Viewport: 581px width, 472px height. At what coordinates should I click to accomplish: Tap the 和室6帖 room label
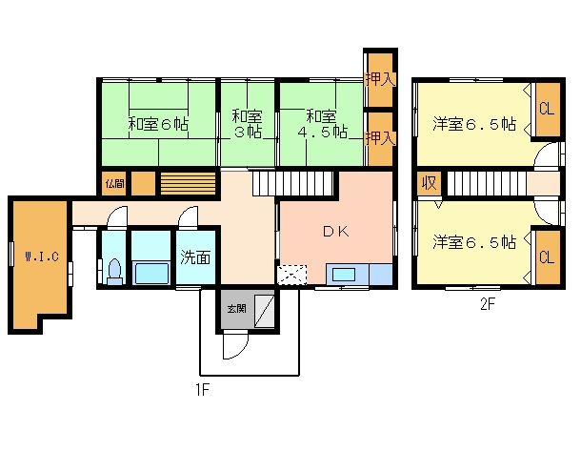click(x=159, y=124)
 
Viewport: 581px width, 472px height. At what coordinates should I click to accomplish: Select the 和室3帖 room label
click(x=247, y=124)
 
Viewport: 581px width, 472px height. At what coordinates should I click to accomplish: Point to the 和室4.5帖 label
click(x=321, y=123)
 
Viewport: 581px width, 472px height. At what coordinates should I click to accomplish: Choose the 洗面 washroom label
click(x=196, y=257)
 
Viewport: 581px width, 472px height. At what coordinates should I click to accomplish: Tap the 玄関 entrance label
click(x=234, y=308)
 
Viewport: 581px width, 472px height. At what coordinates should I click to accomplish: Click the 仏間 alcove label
click(x=114, y=182)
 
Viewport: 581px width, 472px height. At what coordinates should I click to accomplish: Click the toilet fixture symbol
click(x=114, y=271)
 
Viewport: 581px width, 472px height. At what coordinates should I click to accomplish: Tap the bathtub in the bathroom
click(x=151, y=273)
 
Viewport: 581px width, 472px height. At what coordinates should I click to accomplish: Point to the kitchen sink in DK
click(x=344, y=275)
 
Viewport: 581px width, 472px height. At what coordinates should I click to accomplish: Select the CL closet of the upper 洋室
click(x=546, y=109)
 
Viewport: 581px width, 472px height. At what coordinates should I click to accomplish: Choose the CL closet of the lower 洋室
click(x=546, y=257)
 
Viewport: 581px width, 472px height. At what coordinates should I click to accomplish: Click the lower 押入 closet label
click(x=379, y=137)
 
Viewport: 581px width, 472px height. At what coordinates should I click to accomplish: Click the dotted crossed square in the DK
click(x=290, y=275)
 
